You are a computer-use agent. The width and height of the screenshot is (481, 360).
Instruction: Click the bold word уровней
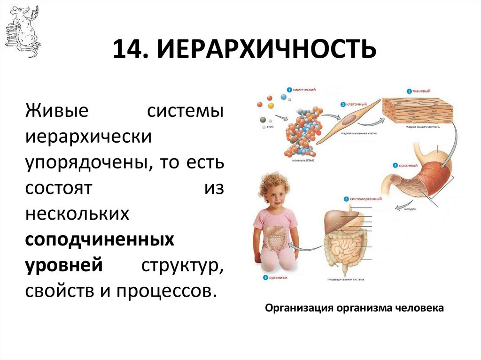[x=64, y=265]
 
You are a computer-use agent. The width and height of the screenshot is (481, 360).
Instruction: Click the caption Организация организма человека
[x=354, y=308]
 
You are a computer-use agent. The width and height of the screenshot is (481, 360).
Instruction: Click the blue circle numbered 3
[x=409, y=91]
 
